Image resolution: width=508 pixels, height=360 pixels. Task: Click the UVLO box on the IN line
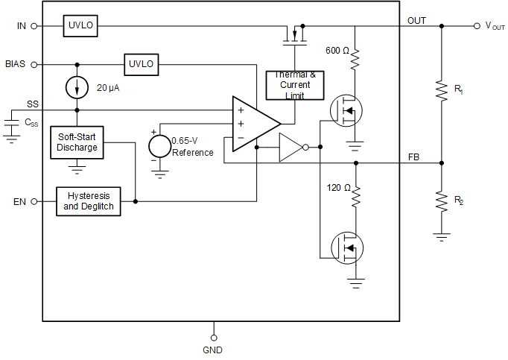point(79,25)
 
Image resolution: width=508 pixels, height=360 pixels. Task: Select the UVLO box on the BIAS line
point(141,64)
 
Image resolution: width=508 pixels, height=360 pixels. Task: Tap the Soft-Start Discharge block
point(77,142)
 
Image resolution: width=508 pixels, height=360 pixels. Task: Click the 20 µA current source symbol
point(77,87)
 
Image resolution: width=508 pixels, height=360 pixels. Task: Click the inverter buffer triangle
point(290,148)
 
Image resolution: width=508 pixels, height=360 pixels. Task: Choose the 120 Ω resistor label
point(338,188)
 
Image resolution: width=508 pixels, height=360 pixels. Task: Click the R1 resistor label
point(459,89)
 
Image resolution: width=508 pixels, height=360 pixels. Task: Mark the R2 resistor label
point(459,200)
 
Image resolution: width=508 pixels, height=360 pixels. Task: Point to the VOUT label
point(495,25)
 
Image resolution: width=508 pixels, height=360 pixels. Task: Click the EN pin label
point(20,202)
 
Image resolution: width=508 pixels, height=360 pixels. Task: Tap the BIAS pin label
point(15,64)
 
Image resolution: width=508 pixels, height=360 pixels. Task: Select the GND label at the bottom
point(212,350)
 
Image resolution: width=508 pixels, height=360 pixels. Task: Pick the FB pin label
point(413,157)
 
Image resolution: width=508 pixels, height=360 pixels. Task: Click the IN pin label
point(21,26)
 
